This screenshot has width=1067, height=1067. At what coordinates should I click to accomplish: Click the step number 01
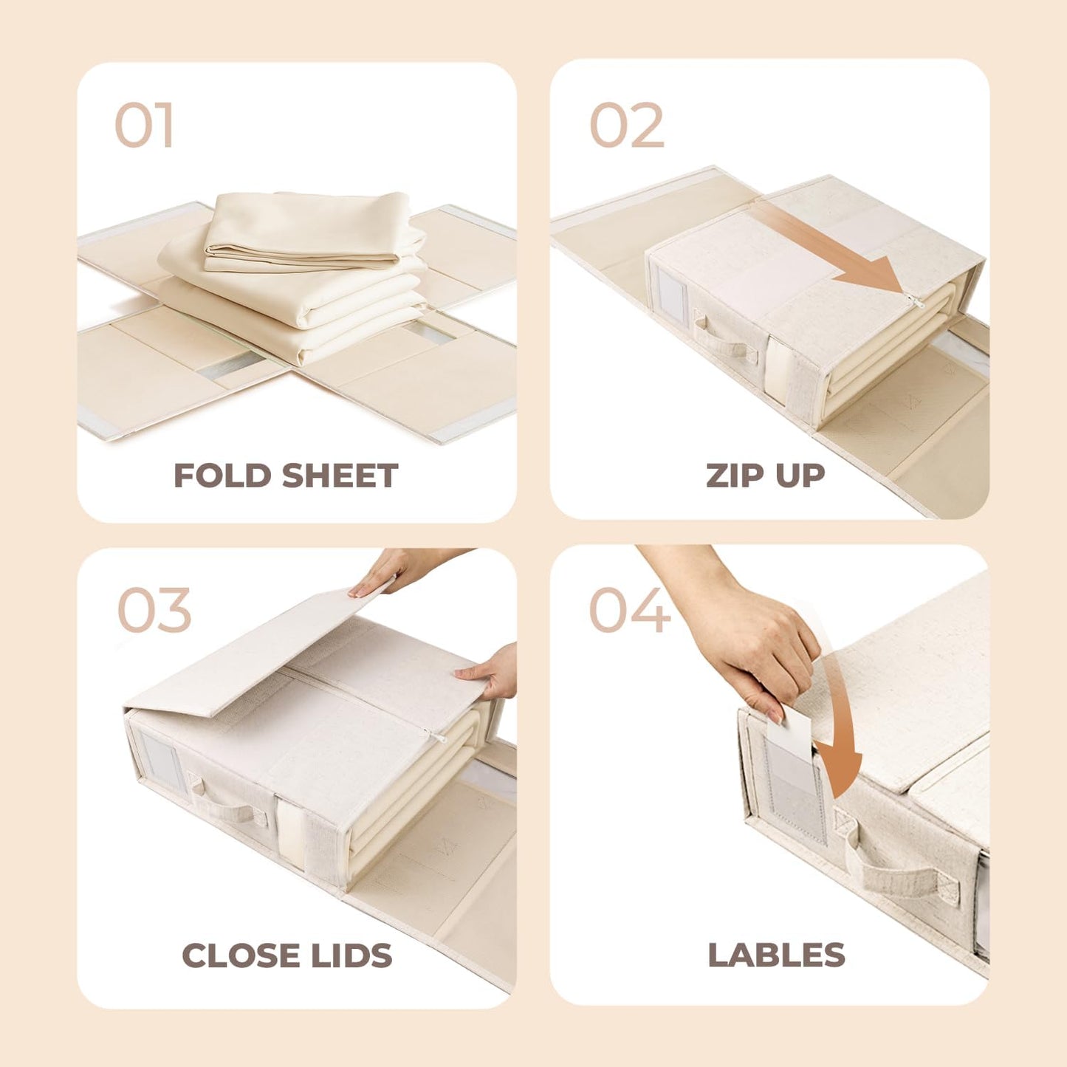coord(144,126)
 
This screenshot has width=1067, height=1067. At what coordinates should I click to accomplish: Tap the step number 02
coord(627,126)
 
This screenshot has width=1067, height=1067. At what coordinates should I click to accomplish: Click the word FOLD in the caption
coord(222,476)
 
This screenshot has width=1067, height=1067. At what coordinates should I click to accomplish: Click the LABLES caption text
coord(776,955)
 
